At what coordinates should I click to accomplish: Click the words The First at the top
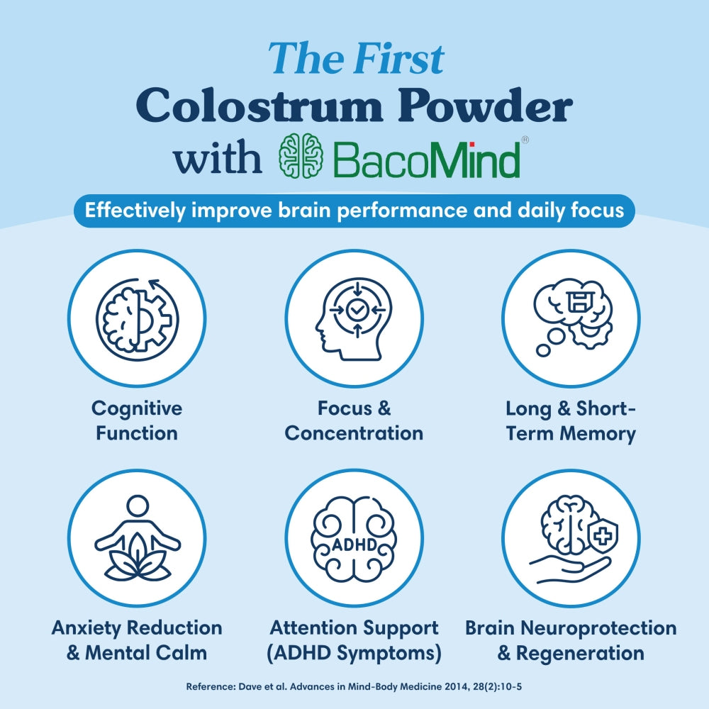[356, 58]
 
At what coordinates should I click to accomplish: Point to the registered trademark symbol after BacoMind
[525, 140]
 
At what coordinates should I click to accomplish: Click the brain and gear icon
[137, 318]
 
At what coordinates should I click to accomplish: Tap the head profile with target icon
[354, 318]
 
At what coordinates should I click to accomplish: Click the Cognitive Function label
[137, 420]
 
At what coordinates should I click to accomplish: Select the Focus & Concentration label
[354, 420]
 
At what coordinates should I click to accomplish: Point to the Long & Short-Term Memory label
[571, 420]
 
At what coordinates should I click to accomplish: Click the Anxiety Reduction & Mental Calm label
[137, 640]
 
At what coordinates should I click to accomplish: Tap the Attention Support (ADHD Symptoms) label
[354, 640]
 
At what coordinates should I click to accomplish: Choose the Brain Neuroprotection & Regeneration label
[571, 640]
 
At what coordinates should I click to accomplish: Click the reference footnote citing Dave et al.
[354, 687]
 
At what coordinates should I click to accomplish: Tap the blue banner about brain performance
[354, 211]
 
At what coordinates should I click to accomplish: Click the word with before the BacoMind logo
[218, 158]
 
